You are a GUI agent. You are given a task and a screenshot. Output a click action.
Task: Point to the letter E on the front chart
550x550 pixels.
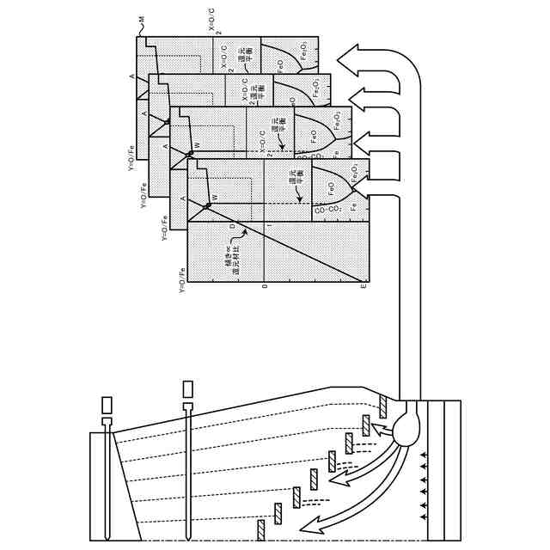click(364, 285)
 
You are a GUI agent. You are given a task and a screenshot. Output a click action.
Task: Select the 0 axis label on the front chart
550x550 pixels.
click(265, 285)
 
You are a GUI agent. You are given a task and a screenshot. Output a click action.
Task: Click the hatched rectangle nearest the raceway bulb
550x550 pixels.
click(382, 406)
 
